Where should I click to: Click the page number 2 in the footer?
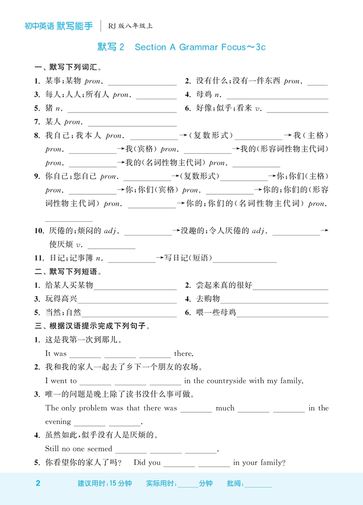coord(38,483)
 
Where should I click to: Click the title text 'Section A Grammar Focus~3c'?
coord(200,47)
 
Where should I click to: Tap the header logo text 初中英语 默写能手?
coord(58,26)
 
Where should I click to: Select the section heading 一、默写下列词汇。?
coord(68,67)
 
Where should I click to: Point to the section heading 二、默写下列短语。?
coord(68,272)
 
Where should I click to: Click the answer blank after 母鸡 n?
coord(277,95)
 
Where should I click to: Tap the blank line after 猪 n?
coord(122,109)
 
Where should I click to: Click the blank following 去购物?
coord(275,299)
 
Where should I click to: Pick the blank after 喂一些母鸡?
coord(283,313)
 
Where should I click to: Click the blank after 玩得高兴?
coord(127,299)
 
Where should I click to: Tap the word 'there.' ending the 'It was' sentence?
coord(184,354)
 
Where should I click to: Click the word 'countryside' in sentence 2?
coord(227,381)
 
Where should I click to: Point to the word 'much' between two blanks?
coord(225,408)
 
